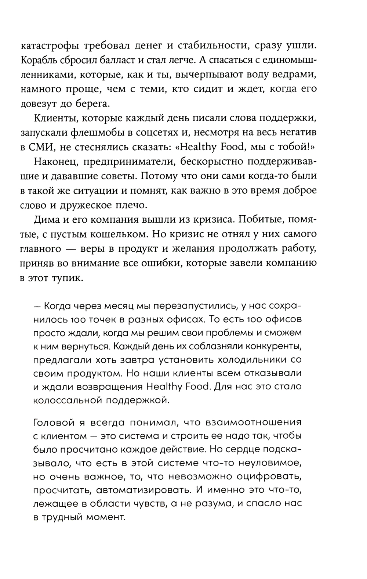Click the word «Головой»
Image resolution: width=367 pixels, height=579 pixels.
coord(51,422)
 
